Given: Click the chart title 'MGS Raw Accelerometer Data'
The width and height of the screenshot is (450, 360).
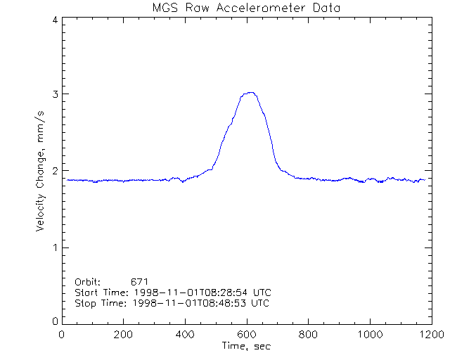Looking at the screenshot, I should tap(246, 8).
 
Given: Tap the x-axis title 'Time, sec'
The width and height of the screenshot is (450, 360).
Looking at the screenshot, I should tap(246, 346).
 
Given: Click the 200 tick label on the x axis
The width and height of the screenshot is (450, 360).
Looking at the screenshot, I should tap(123, 335).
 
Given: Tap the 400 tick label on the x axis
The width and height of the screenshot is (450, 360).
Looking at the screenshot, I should tap(185, 335).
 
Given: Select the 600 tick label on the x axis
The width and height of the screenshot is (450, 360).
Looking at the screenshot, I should tap(246, 335).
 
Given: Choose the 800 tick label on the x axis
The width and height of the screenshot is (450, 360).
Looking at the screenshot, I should tap(307, 335).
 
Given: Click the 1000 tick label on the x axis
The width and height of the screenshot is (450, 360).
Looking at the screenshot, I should tap(368, 335).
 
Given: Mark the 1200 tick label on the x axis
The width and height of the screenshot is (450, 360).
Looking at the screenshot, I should tap(430, 335).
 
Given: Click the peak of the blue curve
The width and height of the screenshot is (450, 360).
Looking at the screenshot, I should tap(249, 92).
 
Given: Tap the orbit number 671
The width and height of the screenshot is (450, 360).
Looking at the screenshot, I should tap(139, 281).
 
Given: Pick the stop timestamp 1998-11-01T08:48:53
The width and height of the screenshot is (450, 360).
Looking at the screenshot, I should tap(186, 303).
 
